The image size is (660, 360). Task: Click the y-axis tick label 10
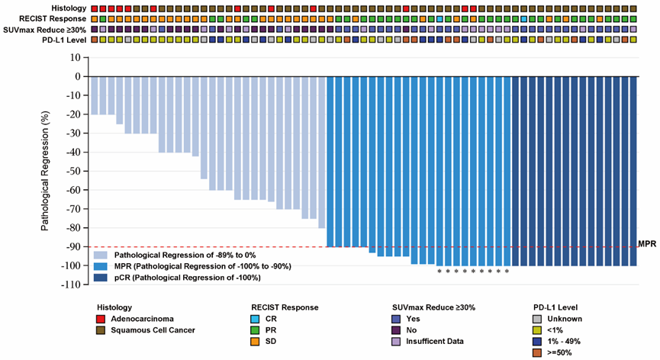[x=75, y=57]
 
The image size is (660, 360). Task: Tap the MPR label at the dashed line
[x=647, y=244]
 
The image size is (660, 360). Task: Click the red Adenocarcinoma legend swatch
[x=100, y=318]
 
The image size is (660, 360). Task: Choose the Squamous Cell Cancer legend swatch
[x=100, y=329]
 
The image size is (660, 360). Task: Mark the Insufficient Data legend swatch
[x=396, y=341]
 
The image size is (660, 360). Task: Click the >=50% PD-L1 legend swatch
[x=539, y=352]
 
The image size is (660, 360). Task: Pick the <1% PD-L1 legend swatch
[x=539, y=329]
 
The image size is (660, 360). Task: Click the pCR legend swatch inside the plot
[x=101, y=278]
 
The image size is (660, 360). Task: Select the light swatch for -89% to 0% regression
[x=101, y=255]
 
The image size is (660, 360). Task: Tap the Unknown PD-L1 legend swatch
[x=539, y=318]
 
